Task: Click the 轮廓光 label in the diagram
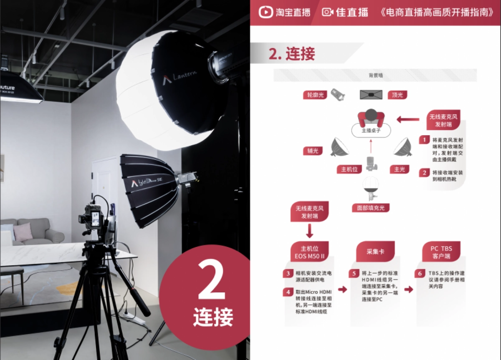pyautogui.click(x=315, y=95)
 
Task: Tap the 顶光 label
pyautogui.click(x=397, y=95)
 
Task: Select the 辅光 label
pyautogui.click(x=313, y=151)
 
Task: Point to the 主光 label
pyautogui.click(x=400, y=169)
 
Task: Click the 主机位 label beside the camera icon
pyautogui.click(x=349, y=169)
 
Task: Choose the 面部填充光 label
pyautogui.click(x=368, y=208)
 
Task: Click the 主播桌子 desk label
pyautogui.click(x=371, y=131)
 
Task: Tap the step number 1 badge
pyautogui.click(x=424, y=140)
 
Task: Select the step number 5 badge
pyautogui.click(x=354, y=274)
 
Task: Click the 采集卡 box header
pyautogui.click(x=375, y=252)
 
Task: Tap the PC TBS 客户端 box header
pyautogui.click(x=441, y=252)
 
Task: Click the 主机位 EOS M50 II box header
pyautogui.click(x=309, y=252)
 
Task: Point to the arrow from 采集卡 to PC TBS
pyautogui.click(x=409, y=289)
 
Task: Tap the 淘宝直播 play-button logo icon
pyautogui.click(x=266, y=12)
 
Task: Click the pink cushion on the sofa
pyautogui.click(x=23, y=232)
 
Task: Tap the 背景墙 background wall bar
pyautogui.click(x=375, y=76)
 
